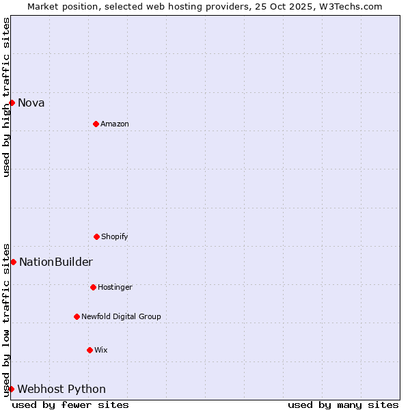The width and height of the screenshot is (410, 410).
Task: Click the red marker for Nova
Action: [12, 102]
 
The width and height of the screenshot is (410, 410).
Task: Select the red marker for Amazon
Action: [96, 124]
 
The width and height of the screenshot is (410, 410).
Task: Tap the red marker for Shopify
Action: [96, 236]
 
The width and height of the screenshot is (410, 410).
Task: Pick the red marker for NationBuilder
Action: [13, 262]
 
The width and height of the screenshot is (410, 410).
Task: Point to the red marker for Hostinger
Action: [93, 287]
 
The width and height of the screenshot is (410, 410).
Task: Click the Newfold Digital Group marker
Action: [77, 316]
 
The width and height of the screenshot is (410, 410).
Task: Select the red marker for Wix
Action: [90, 350]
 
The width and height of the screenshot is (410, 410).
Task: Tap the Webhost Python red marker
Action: [11, 389]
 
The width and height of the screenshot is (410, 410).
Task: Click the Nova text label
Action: [31, 103]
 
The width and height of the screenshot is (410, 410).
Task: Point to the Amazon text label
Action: [115, 124]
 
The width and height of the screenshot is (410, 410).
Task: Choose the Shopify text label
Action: [115, 237]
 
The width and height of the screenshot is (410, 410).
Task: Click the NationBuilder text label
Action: [56, 262]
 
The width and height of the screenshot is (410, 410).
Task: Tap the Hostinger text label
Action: [115, 288]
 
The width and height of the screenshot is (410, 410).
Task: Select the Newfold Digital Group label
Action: [121, 317]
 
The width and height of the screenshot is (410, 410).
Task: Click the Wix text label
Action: [101, 351]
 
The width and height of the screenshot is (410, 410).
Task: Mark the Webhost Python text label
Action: [61, 389]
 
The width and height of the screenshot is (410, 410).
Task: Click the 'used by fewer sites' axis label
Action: [70, 405]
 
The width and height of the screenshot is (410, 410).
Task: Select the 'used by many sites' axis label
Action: [343, 405]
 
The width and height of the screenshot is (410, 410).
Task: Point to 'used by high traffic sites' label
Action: [6, 97]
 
